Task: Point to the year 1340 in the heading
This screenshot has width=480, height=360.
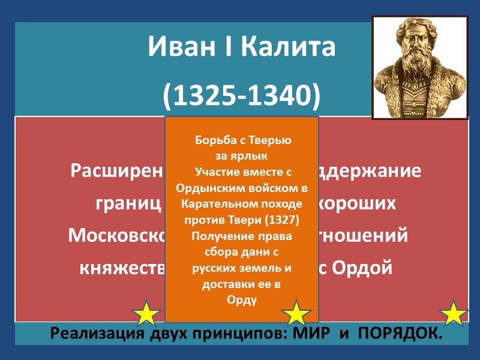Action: tap(280, 95)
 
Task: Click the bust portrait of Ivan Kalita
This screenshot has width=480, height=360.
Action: tap(419, 67)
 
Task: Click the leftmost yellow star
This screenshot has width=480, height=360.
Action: tap(146, 314)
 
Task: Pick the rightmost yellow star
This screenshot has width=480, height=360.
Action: tap(454, 313)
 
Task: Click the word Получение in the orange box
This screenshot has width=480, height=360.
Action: tap(218, 236)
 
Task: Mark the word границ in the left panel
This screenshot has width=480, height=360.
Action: tap(128, 203)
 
